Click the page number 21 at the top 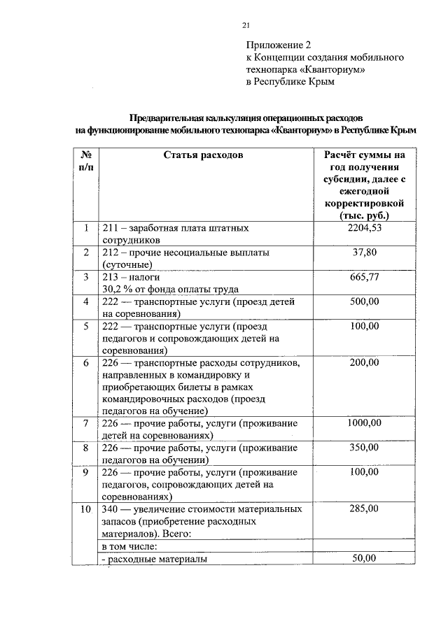tap(246, 26)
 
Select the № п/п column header tap(86, 161)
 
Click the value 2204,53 tap(364, 228)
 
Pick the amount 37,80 tap(364, 253)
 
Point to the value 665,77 tap(364, 277)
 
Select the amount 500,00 tap(364, 301)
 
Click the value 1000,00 tap(364, 423)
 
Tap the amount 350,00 tap(364, 448)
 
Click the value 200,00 tap(364, 362)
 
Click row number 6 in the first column tap(85, 362)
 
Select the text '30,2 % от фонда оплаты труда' tap(170, 289)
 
